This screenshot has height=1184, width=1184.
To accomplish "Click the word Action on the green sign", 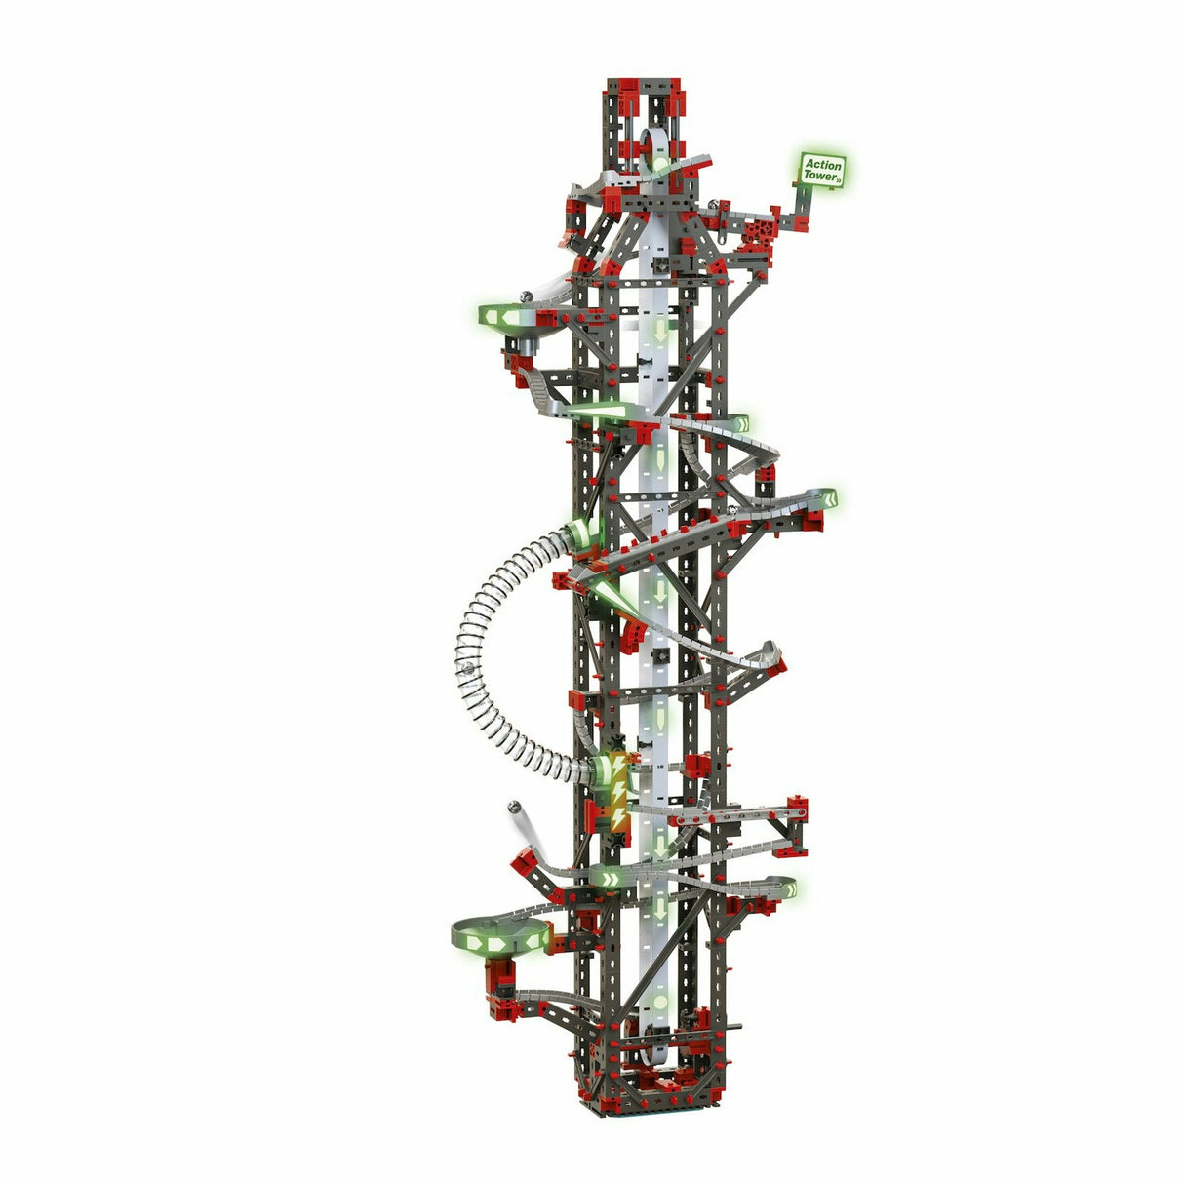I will [821, 165].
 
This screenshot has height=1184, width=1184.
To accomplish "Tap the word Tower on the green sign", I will [821, 178].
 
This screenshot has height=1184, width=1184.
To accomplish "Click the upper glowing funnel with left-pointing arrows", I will [512, 318].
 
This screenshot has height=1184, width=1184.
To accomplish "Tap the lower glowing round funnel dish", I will [498, 937].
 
